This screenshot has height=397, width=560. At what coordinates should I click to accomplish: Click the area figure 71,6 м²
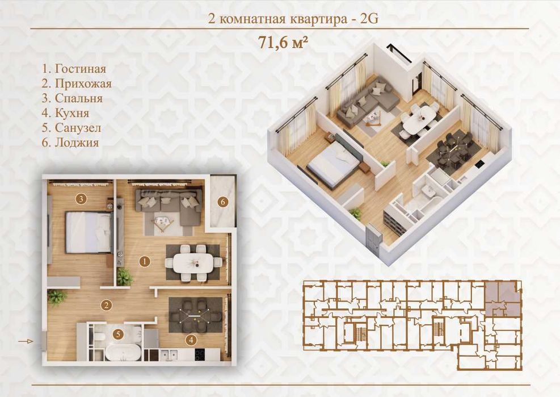point(283,43)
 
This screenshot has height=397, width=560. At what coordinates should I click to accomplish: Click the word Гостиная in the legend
point(81,68)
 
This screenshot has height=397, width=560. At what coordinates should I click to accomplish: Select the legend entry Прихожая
point(83,83)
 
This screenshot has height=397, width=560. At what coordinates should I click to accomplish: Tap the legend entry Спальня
point(78,98)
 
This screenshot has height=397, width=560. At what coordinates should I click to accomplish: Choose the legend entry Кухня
point(72,113)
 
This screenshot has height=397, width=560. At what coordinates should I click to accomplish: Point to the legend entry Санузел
point(78,128)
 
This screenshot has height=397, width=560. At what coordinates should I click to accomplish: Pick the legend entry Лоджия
point(77,143)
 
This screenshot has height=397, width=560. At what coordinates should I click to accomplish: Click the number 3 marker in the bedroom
point(81,199)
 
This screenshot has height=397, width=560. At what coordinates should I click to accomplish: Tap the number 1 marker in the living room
point(144,262)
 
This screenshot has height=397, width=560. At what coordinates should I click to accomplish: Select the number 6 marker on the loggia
point(223,202)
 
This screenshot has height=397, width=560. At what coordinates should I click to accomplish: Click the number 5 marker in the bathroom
point(118,335)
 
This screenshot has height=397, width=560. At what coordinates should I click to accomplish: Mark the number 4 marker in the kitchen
point(191,340)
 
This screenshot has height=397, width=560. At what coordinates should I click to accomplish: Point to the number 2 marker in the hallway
point(106,305)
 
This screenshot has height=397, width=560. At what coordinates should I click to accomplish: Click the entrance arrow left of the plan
point(26,341)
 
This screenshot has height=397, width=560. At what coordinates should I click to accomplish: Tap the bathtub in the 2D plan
point(123,353)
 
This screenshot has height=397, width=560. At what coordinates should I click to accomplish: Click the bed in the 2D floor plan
point(89,232)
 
